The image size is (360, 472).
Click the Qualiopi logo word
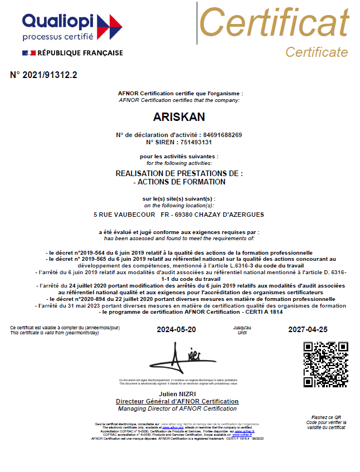59,21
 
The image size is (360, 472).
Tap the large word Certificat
274,23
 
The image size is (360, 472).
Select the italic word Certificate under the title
317,52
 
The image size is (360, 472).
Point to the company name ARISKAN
179,117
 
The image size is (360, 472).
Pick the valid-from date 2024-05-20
177,330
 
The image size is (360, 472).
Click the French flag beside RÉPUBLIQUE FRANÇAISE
28,53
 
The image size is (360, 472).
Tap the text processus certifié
58,37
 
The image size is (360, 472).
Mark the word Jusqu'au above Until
242,328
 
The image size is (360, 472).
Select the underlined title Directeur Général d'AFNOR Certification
177,401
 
